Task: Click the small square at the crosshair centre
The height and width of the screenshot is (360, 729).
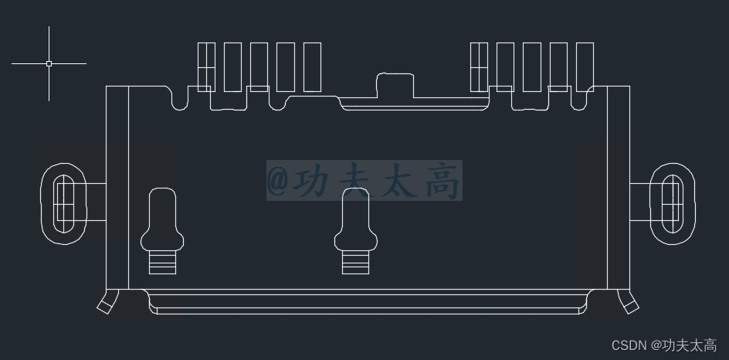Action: [49, 63]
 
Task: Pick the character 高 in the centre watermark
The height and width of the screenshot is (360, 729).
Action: [442, 181]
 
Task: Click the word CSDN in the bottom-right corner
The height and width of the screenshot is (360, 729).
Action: [629, 345]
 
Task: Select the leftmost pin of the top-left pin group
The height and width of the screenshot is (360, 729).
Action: [206, 67]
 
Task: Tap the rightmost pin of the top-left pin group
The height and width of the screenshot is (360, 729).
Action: [312, 67]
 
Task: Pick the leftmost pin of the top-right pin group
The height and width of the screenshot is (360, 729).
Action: [479, 67]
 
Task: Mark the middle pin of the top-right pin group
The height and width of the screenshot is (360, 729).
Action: [531, 67]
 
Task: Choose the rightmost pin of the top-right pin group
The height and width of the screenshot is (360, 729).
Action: [585, 67]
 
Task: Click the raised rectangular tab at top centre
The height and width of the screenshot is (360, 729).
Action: [395, 85]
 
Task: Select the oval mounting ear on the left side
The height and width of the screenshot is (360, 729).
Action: [65, 203]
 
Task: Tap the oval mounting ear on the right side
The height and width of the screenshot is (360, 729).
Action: [671, 203]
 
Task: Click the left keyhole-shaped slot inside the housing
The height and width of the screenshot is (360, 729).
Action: [162, 220]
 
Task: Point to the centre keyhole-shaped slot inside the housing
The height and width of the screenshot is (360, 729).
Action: [355, 220]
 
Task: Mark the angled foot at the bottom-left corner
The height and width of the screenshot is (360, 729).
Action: [106, 302]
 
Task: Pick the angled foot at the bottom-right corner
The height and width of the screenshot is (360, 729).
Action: [629, 302]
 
